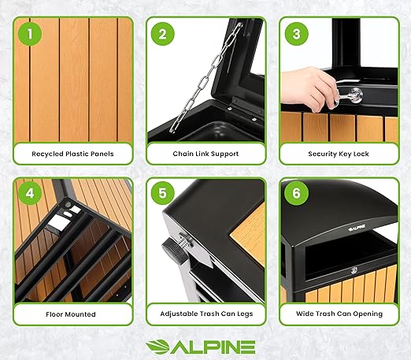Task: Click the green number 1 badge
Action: (30, 35)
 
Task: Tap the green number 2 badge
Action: (162, 35)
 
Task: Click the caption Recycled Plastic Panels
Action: (73, 154)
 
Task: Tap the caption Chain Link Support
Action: (205, 154)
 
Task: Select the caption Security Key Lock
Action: (338, 154)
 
